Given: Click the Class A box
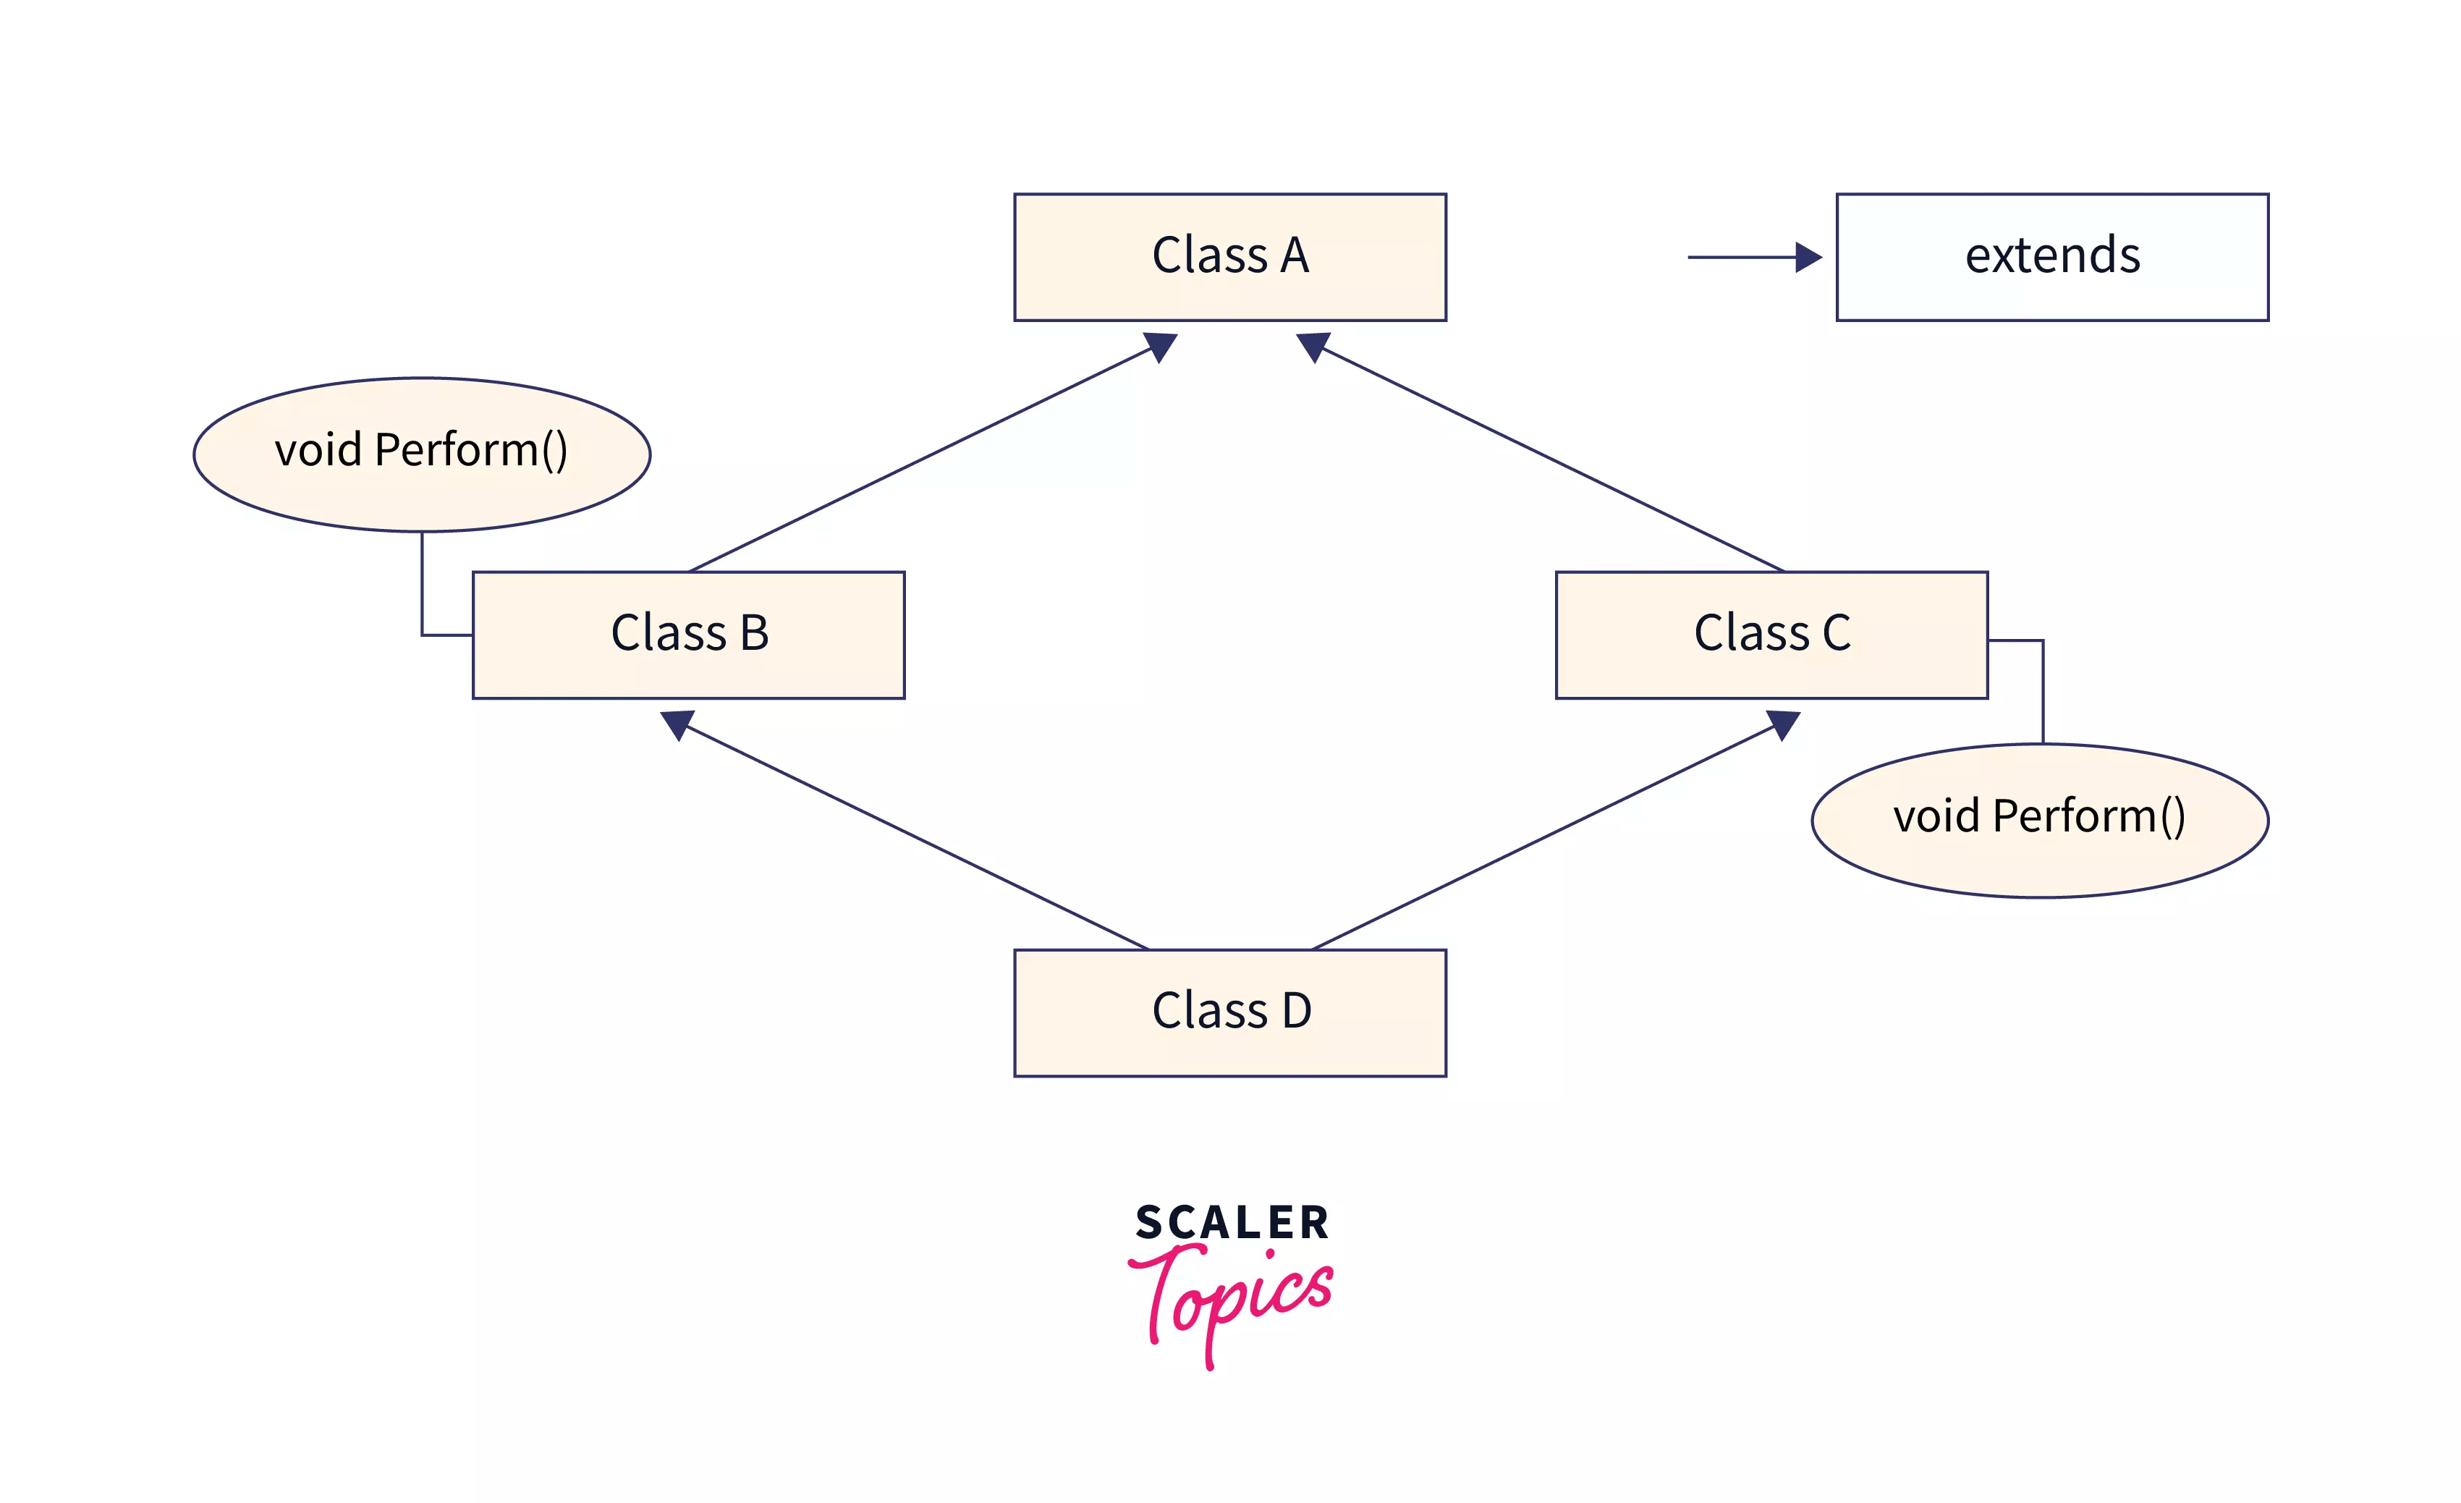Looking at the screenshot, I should [1229, 257].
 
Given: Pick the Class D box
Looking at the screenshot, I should [1229, 1012].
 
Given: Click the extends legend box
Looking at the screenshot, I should [2051, 257].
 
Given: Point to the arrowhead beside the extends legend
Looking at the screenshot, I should [1807, 257].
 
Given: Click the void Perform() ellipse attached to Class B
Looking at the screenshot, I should [421, 454].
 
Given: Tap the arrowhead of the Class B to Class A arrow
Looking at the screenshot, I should [1161, 346].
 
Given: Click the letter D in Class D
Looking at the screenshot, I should [1297, 1011].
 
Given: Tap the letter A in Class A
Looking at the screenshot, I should [1295, 255].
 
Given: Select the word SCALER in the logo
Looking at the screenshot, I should [1232, 1222].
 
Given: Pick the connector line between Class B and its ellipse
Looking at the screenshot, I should [423, 589].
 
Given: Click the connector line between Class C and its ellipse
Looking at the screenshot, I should [2043, 689].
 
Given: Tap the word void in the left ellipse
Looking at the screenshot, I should [318, 450].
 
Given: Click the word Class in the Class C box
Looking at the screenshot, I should [1751, 633].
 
